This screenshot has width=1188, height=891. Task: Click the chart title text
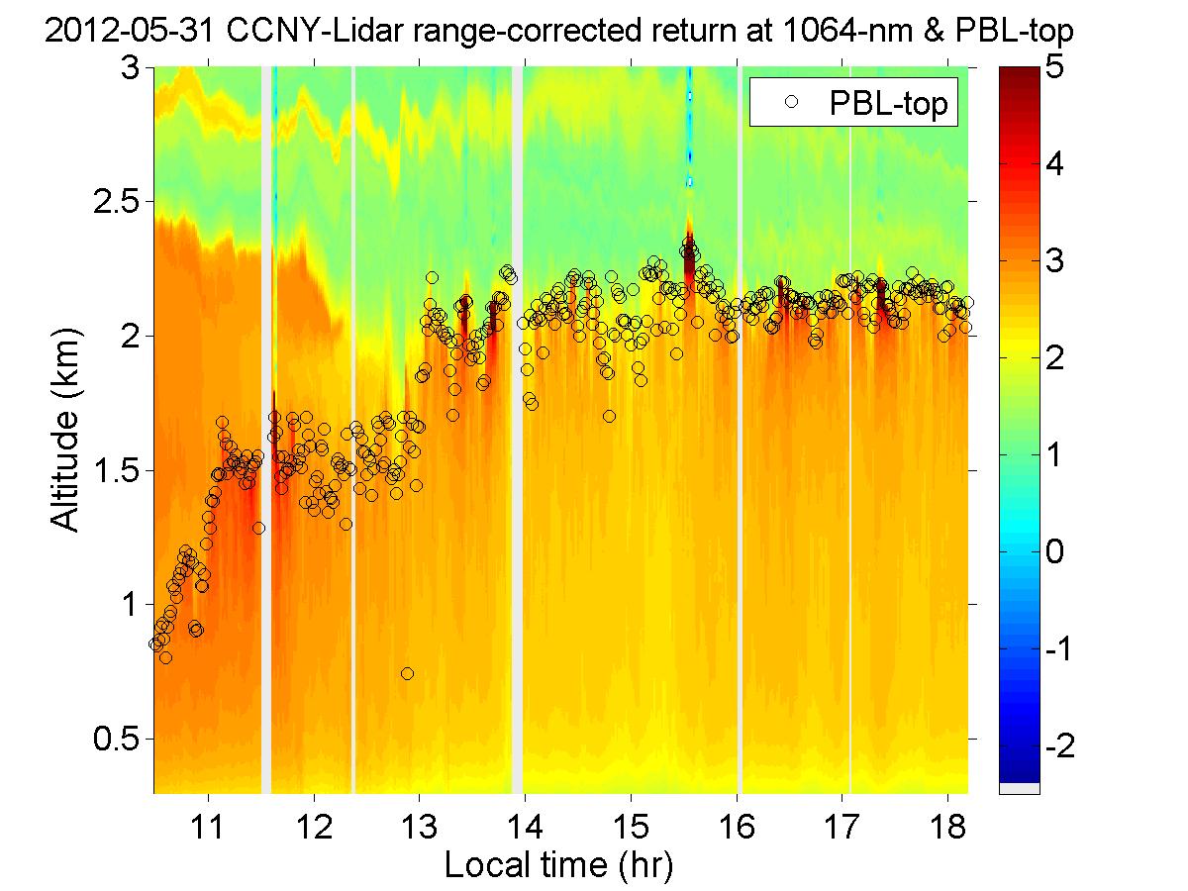(558, 34)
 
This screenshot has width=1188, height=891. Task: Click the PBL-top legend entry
(855, 103)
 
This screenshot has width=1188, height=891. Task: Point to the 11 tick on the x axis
(208, 821)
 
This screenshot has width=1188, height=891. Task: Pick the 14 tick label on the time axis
(525, 821)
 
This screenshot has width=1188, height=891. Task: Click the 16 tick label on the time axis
(737, 821)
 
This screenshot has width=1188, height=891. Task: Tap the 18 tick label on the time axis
(947, 821)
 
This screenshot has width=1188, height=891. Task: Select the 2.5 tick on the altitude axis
(121, 202)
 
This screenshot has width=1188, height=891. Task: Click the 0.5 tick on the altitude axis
(121, 739)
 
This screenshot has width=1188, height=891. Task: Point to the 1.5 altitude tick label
(121, 470)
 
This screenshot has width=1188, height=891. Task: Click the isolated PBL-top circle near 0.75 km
(407, 674)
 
